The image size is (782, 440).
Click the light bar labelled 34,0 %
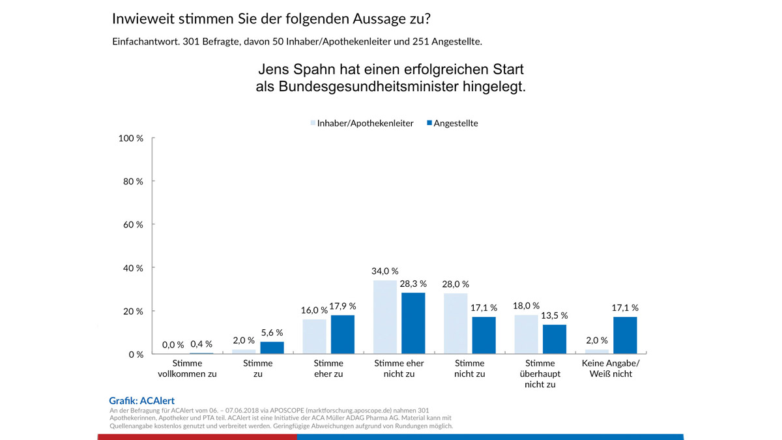(x=384, y=317)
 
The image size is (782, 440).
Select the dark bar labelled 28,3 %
(x=413, y=323)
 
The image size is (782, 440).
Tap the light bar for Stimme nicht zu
(x=456, y=324)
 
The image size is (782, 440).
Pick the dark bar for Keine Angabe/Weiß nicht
(x=625, y=336)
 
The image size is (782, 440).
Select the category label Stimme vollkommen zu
(x=188, y=368)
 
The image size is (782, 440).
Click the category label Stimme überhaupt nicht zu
(x=539, y=374)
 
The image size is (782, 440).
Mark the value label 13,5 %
(x=555, y=315)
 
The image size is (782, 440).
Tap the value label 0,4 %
(x=201, y=344)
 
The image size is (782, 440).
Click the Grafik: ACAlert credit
(x=142, y=401)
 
